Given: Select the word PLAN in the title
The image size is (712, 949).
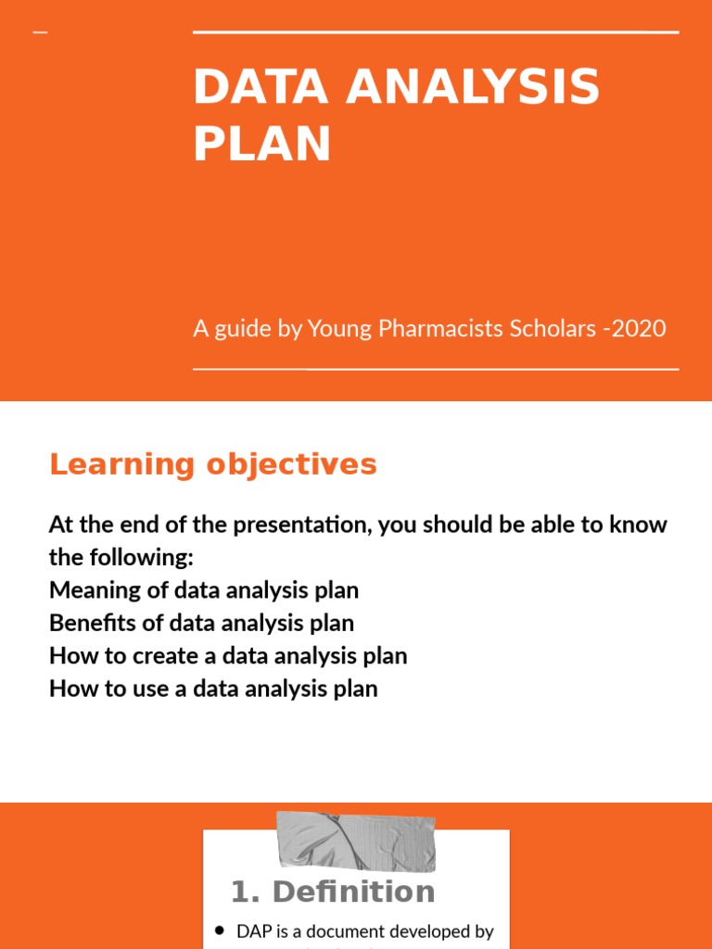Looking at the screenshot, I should [x=261, y=145].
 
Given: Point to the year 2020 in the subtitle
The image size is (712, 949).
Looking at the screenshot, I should [x=640, y=328].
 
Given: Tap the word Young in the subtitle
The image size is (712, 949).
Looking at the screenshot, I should [x=337, y=328].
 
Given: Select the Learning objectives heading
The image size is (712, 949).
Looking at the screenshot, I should [x=213, y=464].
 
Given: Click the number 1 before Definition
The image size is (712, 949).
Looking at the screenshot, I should [x=241, y=892].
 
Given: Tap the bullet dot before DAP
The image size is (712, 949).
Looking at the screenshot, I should [x=220, y=930].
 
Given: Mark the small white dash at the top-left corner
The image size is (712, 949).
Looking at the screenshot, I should [x=40, y=33].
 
